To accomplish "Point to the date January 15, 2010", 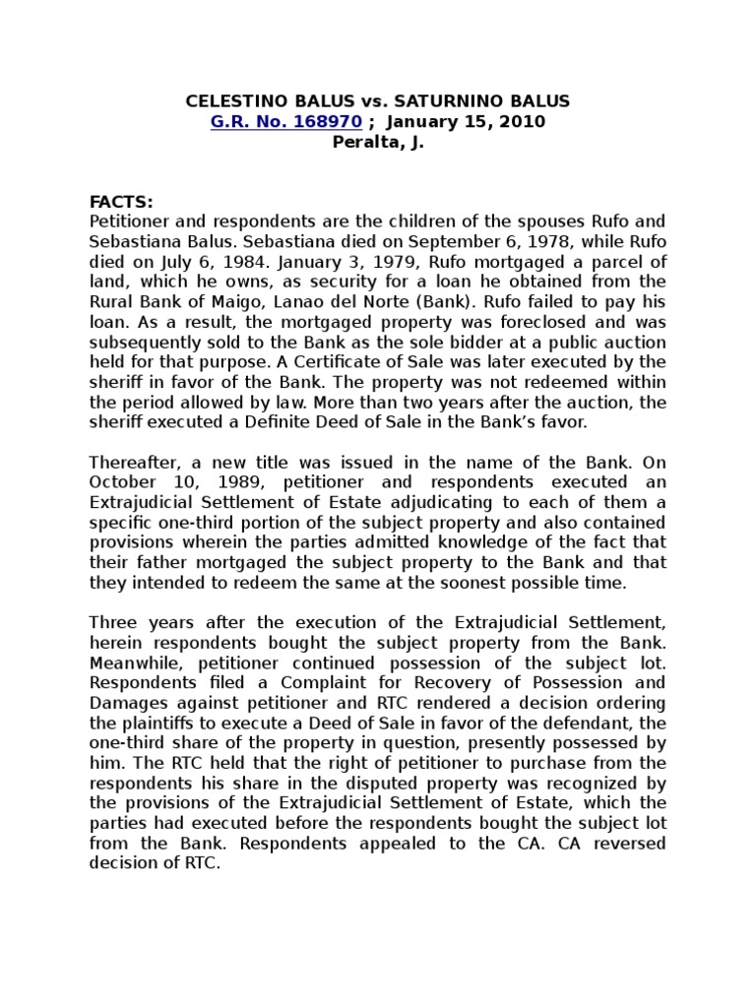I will [x=466, y=121].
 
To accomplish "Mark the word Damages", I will [x=126, y=702].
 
